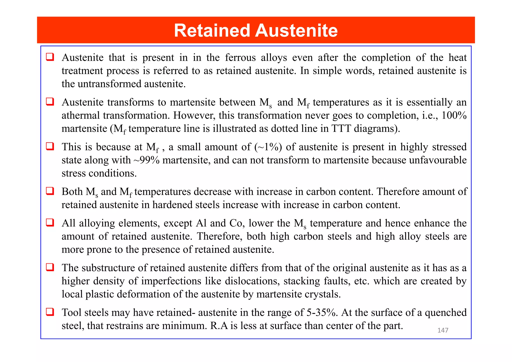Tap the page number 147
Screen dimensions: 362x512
tap(442, 330)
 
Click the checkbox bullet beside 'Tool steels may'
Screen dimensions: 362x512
tap(50, 312)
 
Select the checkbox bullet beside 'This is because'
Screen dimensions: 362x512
tap(50, 146)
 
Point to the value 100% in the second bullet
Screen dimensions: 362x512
tap(454, 115)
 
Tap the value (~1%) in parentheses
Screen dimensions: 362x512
tap(268, 147)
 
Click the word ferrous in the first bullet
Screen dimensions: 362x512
tap(240, 58)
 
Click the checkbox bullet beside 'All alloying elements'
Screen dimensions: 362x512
tap(50, 222)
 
